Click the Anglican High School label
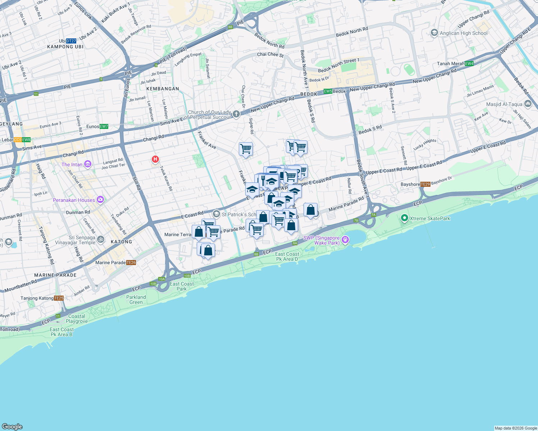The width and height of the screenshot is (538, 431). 464,33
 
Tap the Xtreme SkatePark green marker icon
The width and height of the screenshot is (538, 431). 404,218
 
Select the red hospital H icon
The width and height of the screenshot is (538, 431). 155,159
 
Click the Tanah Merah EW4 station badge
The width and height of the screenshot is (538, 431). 469,64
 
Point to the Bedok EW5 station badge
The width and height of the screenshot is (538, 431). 328,91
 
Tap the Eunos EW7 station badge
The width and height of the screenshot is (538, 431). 104,126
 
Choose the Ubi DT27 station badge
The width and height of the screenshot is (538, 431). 71,41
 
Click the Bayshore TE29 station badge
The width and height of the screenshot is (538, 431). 425,184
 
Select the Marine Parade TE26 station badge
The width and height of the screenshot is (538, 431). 131,263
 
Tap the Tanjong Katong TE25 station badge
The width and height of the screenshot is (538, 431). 59,298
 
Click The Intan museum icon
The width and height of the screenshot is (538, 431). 88,164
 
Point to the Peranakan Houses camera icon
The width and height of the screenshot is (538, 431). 100,200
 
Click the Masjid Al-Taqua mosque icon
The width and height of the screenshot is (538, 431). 528,104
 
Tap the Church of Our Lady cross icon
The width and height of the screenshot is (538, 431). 236,114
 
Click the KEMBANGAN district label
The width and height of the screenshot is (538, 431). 163,89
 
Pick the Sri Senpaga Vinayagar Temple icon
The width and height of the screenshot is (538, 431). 101,239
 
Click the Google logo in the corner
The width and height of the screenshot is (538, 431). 12,426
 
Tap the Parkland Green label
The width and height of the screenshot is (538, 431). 136,300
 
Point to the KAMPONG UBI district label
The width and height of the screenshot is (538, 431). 65,47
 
